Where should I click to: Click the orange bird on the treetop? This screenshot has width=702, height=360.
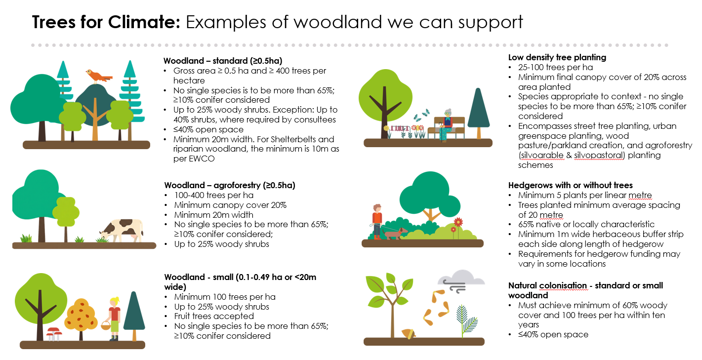(x=98, y=76)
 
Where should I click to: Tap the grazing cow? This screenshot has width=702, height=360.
(x=122, y=230)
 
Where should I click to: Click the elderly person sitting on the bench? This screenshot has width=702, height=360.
(x=446, y=125)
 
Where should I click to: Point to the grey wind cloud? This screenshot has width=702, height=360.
(x=461, y=280)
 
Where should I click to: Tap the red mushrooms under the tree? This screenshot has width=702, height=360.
(x=54, y=334)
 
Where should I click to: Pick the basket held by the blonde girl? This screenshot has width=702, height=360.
(x=106, y=325)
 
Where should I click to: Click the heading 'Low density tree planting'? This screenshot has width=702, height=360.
(x=557, y=57)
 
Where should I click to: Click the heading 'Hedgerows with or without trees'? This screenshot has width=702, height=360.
(x=570, y=185)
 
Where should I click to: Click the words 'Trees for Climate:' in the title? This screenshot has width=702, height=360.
(x=106, y=22)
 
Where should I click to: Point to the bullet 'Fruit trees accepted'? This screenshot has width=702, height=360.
(x=214, y=316)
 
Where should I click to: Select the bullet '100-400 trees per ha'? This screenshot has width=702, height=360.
(x=214, y=195)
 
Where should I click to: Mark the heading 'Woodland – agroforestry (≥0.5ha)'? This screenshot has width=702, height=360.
(x=229, y=185)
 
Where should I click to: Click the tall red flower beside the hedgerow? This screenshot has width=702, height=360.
(x=458, y=227)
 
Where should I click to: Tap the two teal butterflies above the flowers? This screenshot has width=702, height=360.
(x=421, y=115)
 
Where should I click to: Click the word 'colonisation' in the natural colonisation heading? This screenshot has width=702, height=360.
(x=563, y=285)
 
